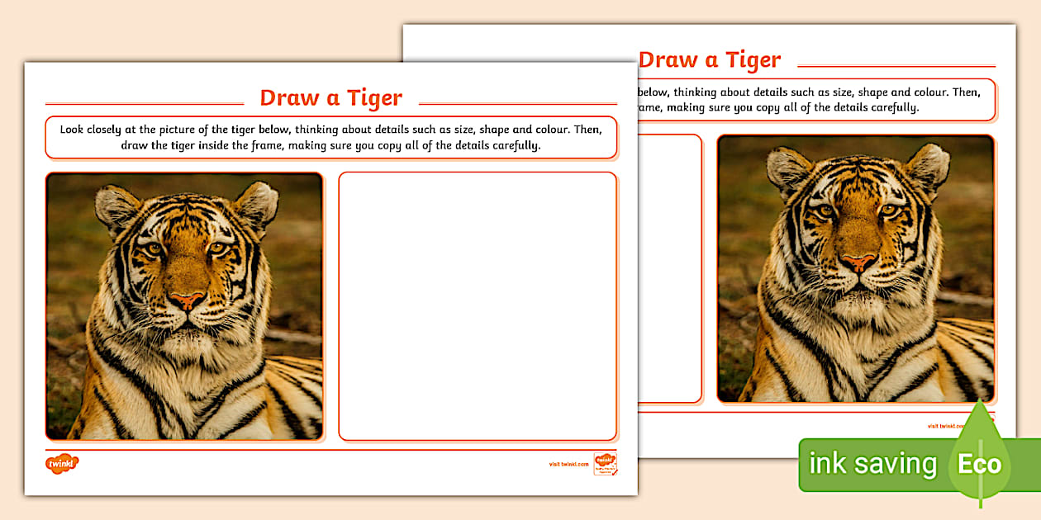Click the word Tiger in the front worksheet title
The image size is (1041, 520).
point(374,98)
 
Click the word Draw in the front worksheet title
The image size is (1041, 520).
point(289,98)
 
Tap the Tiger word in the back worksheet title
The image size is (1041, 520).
point(753,60)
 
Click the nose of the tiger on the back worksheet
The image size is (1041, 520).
point(859,262)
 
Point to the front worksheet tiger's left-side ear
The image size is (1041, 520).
point(116,207)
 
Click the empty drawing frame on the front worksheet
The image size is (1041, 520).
point(478,305)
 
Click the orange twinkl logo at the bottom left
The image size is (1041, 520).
point(62,464)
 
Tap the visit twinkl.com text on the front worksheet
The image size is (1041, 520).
point(568,464)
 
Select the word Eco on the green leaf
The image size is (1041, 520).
point(979,464)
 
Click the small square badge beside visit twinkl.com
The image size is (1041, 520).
point(605,464)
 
